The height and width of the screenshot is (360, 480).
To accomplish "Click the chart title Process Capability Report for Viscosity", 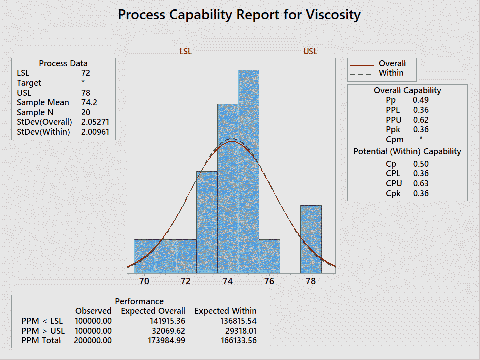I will click(239, 15).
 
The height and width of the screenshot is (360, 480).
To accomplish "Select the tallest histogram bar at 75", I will click(248, 170).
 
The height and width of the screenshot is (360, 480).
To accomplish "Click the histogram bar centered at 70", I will click(144, 256).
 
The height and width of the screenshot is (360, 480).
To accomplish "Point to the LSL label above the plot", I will click(185, 51).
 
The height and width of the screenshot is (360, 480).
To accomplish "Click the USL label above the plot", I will click(310, 51).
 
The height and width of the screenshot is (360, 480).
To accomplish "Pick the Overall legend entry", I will click(392, 63).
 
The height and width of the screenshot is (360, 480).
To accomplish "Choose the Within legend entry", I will click(391, 73).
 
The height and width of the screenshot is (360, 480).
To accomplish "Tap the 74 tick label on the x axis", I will click(228, 281).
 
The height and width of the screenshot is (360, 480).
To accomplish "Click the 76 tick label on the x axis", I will click(269, 281).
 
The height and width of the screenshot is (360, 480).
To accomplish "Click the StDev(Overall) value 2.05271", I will click(95, 122).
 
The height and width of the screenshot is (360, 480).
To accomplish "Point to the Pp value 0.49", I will click(420, 100).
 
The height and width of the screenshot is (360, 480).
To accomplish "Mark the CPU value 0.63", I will click(420, 183).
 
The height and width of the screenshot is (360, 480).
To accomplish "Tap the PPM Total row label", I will click(41, 340).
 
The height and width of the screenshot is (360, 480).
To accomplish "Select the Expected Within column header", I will click(225, 311).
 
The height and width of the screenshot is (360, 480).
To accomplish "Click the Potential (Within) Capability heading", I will click(407, 151).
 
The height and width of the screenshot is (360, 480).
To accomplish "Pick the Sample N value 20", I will click(85, 112).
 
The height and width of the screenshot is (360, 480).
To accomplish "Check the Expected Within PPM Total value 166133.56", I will click(234, 340).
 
